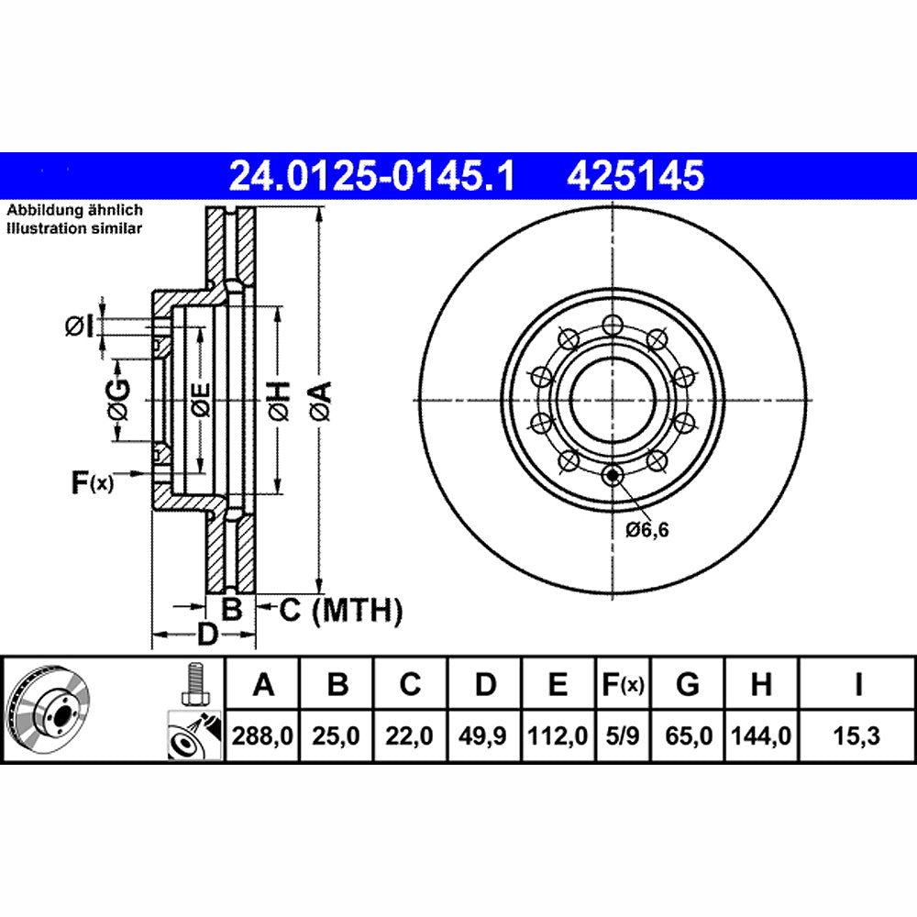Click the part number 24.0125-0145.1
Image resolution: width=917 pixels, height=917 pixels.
pyautogui.click(x=371, y=174)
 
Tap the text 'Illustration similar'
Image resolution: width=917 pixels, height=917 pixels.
pyautogui.click(x=74, y=228)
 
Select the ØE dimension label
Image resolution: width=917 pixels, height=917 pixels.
pyautogui.click(x=200, y=400)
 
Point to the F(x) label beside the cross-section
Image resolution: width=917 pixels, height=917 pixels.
pyautogui.click(x=92, y=481)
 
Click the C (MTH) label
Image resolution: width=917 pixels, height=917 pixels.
pyautogui.click(x=340, y=609)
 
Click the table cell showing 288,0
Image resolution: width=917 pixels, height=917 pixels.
pyautogui.click(x=263, y=735)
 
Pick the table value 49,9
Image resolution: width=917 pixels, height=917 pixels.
pyautogui.click(x=485, y=735)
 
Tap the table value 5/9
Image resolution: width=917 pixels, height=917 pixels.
pyautogui.click(x=623, y=735)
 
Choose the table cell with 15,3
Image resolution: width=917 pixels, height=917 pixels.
pyautogui.click(x=857, y=735)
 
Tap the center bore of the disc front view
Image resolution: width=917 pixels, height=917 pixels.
pyautogui.click(x=612, y=397)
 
